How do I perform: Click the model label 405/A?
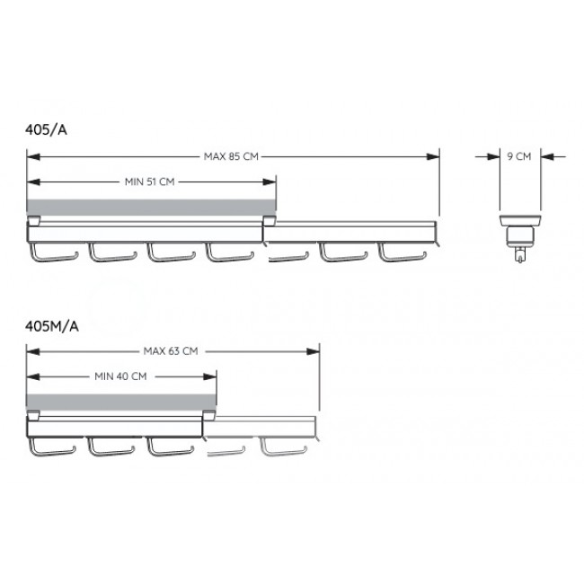point(46,129)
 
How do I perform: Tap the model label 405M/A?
point(52,326)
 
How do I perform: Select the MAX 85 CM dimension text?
point(231,156)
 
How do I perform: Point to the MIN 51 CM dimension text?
point(150,181)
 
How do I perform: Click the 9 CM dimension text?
point(519,156)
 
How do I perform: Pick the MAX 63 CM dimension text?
point(171,350)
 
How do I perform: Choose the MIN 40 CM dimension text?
point(120,376)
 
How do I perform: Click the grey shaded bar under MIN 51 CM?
point(151,207)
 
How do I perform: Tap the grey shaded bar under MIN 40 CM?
point(121,402)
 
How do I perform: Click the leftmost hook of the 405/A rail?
point(53,258)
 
